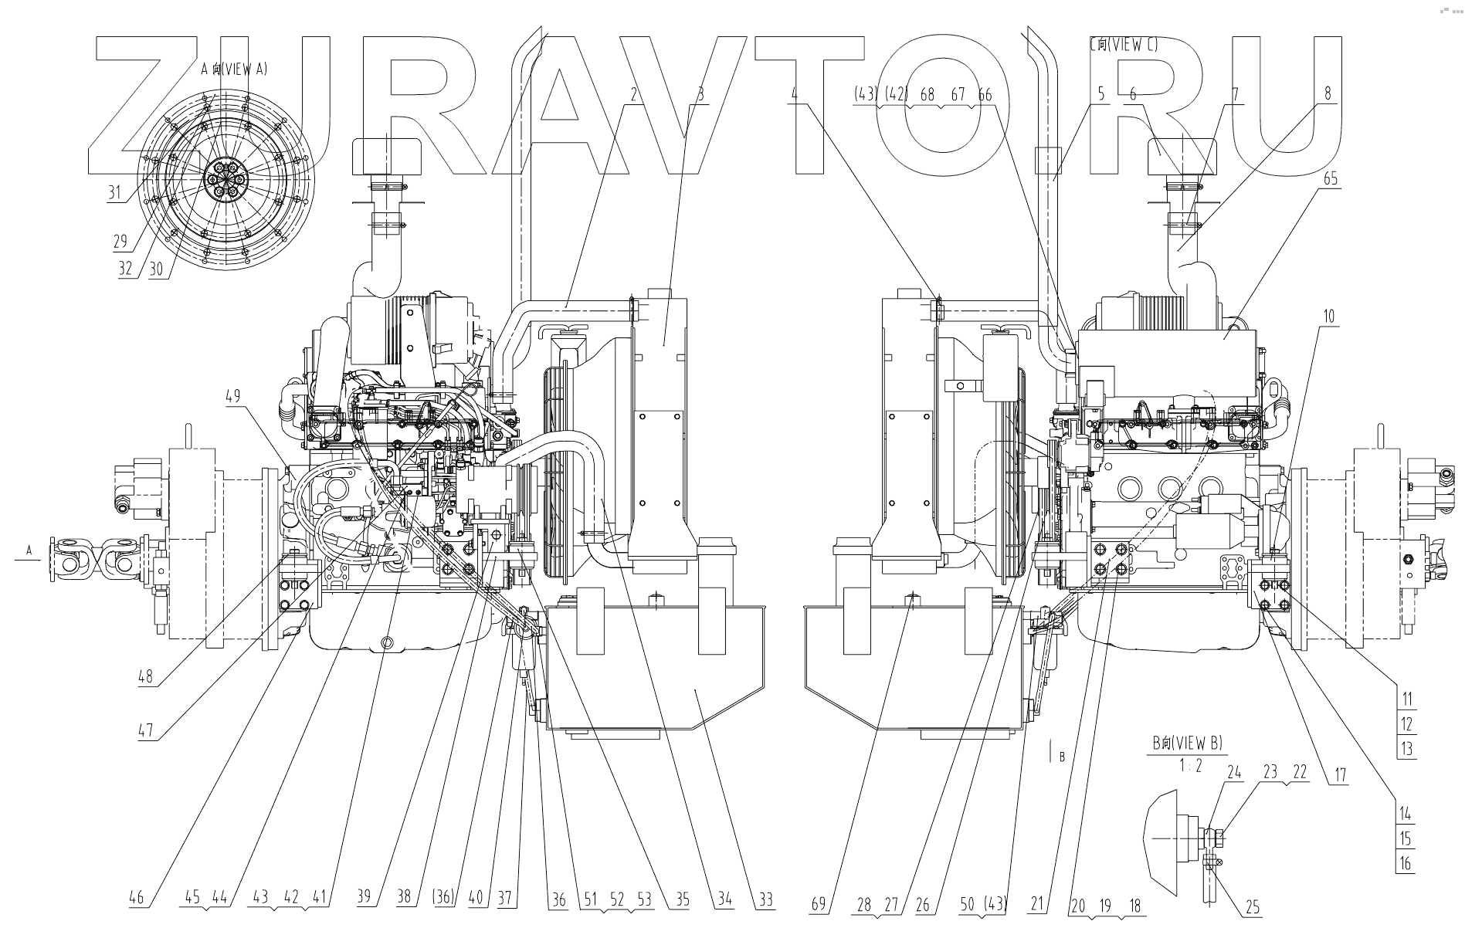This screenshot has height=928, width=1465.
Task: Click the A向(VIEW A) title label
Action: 233,69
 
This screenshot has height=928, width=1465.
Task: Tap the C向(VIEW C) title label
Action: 1124,45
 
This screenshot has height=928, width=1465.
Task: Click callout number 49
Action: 232,397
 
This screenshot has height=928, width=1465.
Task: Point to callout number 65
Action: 1330,178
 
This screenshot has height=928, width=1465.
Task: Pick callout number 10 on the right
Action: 1328,316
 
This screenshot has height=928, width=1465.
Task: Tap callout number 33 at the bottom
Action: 765,900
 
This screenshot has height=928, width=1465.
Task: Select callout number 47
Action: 145,730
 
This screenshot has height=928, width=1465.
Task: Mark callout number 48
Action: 145,677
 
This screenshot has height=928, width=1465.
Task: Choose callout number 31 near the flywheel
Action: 114,191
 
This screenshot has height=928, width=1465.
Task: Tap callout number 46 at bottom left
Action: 136,898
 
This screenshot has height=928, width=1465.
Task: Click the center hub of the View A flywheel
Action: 226,180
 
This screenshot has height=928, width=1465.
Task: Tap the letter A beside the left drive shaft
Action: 29,550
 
